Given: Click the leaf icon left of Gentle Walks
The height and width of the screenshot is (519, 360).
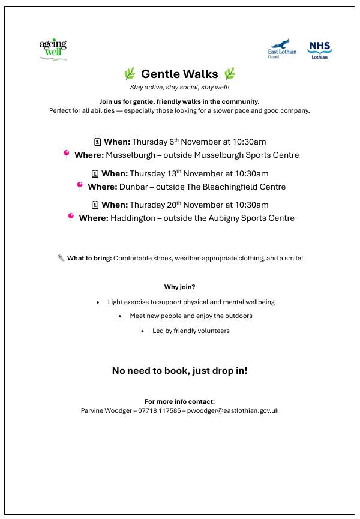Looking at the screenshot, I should coord(130,74).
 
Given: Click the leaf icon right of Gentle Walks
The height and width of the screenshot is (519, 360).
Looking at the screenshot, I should coord(230,74).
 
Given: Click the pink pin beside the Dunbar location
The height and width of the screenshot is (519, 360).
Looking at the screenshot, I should coord(79,187).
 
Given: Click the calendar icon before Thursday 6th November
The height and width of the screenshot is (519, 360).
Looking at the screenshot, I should coord(97,142).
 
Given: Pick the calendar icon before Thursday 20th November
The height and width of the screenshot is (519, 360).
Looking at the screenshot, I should coord(95,205).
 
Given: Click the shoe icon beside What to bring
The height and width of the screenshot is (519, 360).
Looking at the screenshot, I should coord(61,258).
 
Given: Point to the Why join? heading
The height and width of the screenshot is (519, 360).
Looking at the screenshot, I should coord(179,287).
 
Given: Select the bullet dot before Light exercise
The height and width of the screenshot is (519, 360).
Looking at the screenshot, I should coord(98,302).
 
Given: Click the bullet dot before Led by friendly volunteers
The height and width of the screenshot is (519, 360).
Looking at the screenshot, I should coord(142,331).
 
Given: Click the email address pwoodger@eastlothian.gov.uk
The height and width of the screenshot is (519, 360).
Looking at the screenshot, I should coord(233,411).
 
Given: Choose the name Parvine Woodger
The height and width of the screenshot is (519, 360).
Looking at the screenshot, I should coord(106,411).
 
